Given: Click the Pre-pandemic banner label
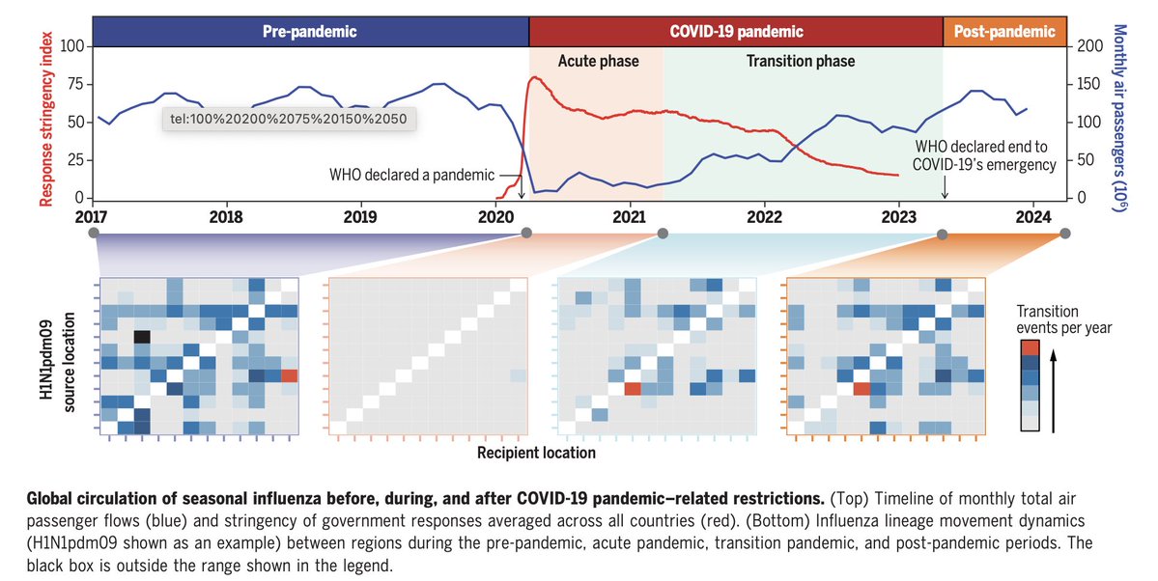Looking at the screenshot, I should click(310, 31).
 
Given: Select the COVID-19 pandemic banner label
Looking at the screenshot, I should click(736, 31).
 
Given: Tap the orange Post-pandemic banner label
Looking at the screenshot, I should click(1004, 31).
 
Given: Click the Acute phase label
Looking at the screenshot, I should click(598, 62).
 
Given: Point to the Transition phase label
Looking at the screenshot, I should click(801, 62).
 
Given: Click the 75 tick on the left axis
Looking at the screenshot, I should click(73, 84).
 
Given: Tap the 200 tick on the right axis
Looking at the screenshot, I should click(1088, 46).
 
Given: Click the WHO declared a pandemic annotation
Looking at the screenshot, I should click(410, 176).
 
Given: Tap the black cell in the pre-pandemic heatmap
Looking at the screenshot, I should click(142, 336).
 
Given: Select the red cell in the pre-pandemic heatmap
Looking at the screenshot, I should click(290, 375).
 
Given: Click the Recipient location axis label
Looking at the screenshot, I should click(536, 451).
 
